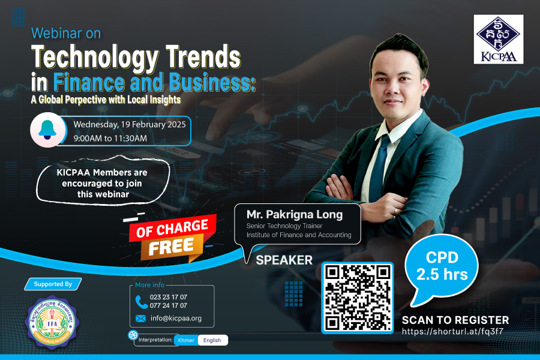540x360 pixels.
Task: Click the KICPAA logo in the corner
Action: (x=499, y=39)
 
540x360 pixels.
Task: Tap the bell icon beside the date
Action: (x=47, y=130)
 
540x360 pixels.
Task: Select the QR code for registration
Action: (x=358, y=298)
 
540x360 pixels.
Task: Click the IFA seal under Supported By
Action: (x=52, y=322)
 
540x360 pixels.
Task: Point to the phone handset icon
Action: (x=141, y=302)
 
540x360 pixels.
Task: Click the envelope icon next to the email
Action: (x=140, y=319)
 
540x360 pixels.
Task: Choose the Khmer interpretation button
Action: (x=186, y=340)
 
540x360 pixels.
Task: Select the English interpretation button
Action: (x=212, y=340)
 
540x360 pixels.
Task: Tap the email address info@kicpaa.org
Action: (x=176, y=319)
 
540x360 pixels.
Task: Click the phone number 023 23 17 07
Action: (x=169, y=297)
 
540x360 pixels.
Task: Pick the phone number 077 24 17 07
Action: (x=169, y=305)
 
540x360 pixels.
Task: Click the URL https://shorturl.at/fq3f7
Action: (x=452, y=331)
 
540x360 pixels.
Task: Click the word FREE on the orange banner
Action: (x=171, y=247)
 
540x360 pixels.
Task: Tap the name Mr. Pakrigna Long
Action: (x=295, y=215)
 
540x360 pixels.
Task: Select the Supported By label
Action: (x=53, y=284)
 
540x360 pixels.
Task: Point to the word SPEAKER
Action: (x=284, y=260)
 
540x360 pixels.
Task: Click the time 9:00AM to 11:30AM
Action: (x=110, y=139)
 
